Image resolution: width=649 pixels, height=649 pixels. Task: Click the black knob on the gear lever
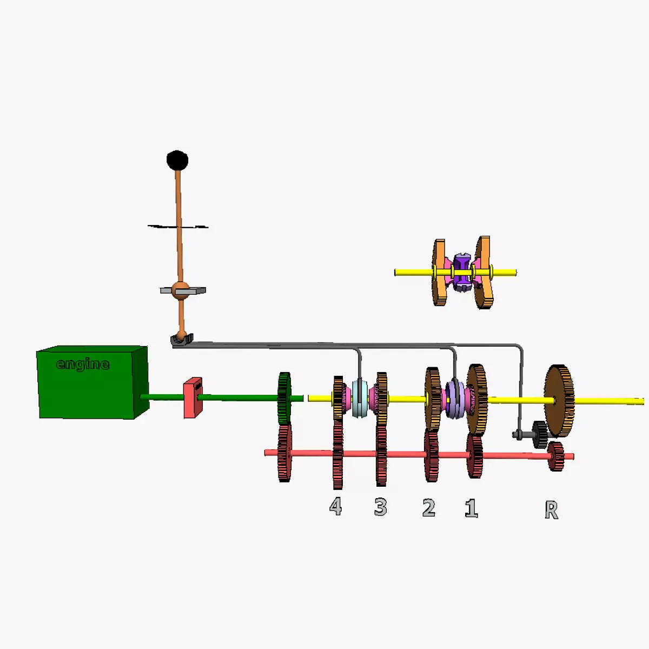click(177, 160)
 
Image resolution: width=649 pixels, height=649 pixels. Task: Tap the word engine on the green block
click(83, 364)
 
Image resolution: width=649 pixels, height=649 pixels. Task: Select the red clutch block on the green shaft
click(193, 398)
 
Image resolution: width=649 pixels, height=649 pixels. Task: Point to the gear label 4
click(336, 507)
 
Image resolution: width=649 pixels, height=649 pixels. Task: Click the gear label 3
click(381, 507)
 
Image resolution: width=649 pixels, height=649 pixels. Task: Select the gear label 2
click(429, 508)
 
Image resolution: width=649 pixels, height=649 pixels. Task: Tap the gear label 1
click(472, 508)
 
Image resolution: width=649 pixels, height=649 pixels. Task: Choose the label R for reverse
click(551, 510)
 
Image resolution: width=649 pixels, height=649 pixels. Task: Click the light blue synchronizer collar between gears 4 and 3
click(360, 399)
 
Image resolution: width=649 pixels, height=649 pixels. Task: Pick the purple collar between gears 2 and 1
click(454, 400)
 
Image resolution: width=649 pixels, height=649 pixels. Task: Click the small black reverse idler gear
click(539, 434)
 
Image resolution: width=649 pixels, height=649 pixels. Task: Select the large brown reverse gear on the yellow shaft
click(559, 400)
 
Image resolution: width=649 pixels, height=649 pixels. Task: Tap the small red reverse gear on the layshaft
click(555, 456)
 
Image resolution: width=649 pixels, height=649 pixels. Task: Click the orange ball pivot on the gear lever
click(180, 290)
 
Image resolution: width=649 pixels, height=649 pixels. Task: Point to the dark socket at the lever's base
click(182, 340)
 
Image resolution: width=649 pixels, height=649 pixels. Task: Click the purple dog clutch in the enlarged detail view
click(461, 272)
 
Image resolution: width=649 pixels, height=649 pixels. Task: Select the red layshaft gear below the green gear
click(284, 453)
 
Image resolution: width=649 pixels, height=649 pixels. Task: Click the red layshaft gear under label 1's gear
click(475, 455)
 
